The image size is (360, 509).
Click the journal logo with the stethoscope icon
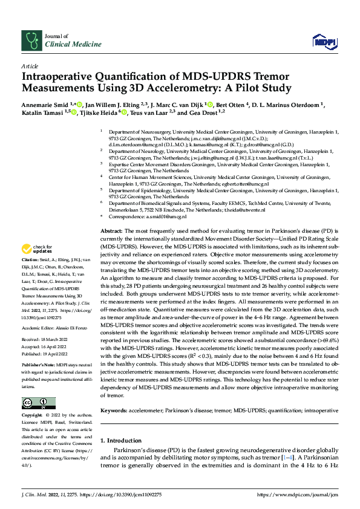pos(30,41)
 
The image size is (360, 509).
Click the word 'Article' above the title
pos(30,66)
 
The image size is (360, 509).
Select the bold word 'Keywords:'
pos(116,410)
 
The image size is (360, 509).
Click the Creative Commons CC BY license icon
pos(38,403)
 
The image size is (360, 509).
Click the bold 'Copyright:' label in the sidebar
pos(33,417)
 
